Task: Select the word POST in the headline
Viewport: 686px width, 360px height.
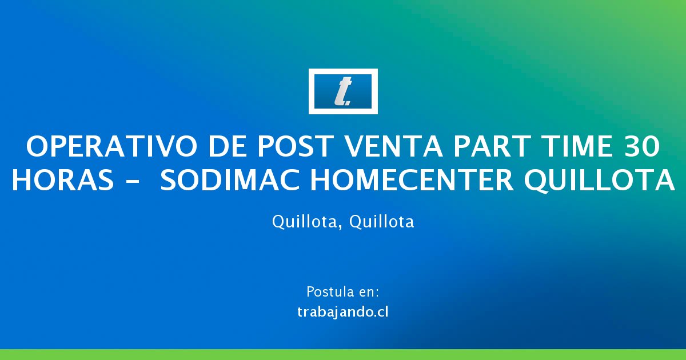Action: pos(295,146)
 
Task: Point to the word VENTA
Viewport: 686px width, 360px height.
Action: pos(393,146)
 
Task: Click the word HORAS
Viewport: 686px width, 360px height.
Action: pos(63,180)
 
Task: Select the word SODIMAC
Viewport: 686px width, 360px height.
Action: pos(230,180)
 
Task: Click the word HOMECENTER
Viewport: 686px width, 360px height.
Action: pos(412,180)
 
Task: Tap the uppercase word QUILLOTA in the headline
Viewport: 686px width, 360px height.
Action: pos(599,181)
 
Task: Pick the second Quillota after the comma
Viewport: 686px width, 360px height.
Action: pos(382,221)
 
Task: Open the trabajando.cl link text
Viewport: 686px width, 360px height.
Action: pos(343,313)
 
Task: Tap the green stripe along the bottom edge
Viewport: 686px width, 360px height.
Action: pos(343,354)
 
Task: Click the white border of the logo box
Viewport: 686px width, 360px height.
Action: pos(343,71)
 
